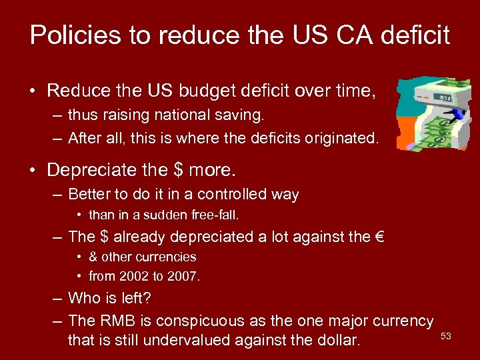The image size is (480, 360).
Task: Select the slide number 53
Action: tap(446, 337)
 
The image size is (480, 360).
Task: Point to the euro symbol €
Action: tap(381, 237)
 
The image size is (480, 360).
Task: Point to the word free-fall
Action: tap(214, 215)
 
